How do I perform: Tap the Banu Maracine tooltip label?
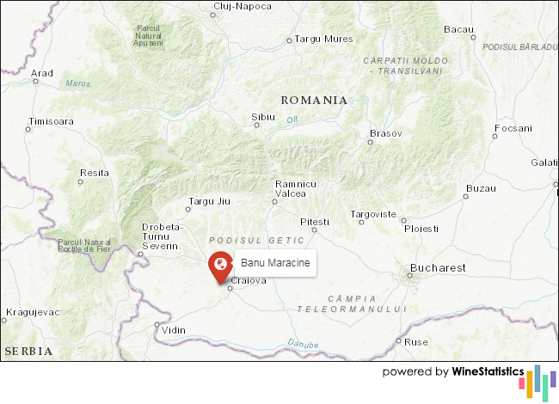(x=275, y=263)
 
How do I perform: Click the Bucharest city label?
(x=438, y=268)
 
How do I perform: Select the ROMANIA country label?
(x=314, y=100)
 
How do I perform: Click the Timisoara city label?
(x=51, y=121)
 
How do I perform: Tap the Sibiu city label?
(x=263, y=115)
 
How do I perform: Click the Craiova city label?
(x=249, y=280)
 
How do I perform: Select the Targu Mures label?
(x=324, y=39)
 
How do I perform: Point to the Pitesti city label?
(x=315, y=221)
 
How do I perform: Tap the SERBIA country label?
(x=28, y=352)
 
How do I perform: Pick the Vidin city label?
(x=174, y=330)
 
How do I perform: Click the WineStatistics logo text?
(x=488, y=372)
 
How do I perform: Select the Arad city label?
(x=42, y=73)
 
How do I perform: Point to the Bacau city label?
(x=458, y=29)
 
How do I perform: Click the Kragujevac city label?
(x=32, y=311)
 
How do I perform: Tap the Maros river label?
(x=77, y=83)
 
